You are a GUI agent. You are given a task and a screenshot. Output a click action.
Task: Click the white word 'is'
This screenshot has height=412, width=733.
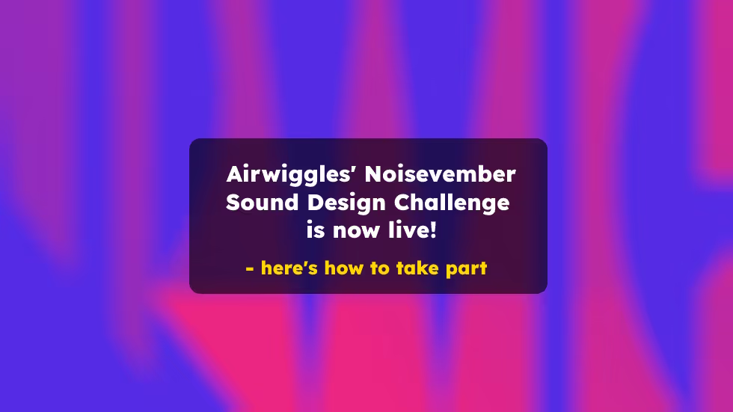(316, 230)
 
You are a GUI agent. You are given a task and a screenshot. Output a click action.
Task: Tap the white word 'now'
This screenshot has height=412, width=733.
(358, 230)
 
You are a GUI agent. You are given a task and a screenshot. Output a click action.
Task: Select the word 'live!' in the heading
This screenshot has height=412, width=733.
(414, 230)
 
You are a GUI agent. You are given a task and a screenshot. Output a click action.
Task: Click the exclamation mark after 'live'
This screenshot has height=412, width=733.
(432, 230)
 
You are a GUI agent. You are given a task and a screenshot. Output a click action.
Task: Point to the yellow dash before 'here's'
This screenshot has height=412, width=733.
(250, 268)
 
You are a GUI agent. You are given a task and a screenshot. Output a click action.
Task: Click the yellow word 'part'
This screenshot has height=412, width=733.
(467, 268)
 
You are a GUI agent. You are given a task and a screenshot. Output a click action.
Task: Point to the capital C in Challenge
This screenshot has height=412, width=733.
(403, 203)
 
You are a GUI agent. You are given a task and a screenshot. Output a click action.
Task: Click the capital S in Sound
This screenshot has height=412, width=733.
(234, 203)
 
